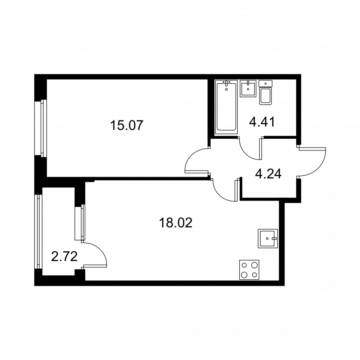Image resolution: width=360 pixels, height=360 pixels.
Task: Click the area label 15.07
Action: click(x=127, y=125)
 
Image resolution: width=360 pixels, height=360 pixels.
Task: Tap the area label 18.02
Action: click(x=176, y=223)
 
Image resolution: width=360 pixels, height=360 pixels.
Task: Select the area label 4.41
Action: click(x=262, y=122)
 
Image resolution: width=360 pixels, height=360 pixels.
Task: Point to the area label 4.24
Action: click(x=268, y=174)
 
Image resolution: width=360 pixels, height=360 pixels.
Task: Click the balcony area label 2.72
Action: click(x=64, y=256)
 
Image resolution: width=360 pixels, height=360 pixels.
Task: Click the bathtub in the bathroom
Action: click(x=226, y=107)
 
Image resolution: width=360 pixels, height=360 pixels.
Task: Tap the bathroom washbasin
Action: click(x=248, y=89)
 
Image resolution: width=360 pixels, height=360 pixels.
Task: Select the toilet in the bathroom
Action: click(x=265, y=93)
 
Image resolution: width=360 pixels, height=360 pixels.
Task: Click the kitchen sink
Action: click(x=268, y=238)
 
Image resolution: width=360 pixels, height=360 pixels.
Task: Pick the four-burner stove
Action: click(x=249, y=270)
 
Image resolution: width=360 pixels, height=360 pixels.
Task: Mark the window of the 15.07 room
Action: click(x=41, y=128)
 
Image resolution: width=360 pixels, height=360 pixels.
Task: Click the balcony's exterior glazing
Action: click(x=39, y=231)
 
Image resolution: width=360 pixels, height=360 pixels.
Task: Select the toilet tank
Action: click(x=265, y=84)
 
